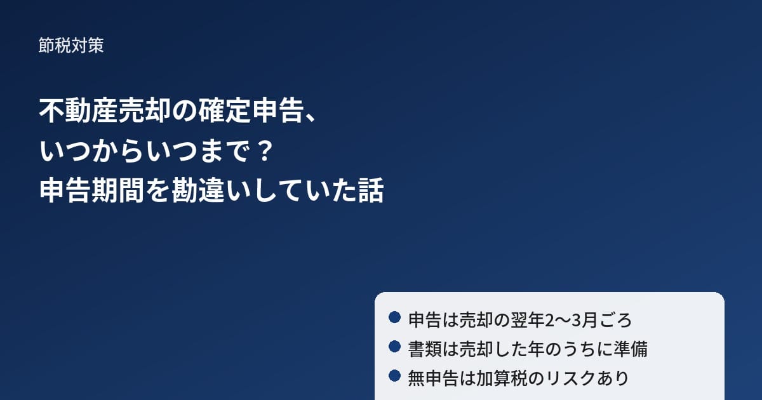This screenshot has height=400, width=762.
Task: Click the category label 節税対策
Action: pyautogui.click(x=71, y=45)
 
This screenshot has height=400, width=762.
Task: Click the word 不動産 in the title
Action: pyautogui.click(x=79, y=110)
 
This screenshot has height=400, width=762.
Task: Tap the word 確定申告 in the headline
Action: pyautogui.click(x=251, y=110)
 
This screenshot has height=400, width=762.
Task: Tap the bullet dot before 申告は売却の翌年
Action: pyautogui.click(x=394, y=317)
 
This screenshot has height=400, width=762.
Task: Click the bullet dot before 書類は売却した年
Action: pyautogui.click(x=394, y=347)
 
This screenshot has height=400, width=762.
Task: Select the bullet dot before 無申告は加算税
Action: pyautogui.click(x=394, y=376)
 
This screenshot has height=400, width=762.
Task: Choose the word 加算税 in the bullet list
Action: pyautogui.click(x=501, y=378)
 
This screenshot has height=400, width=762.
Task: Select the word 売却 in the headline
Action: pyautogui.click(x=145, y=110)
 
